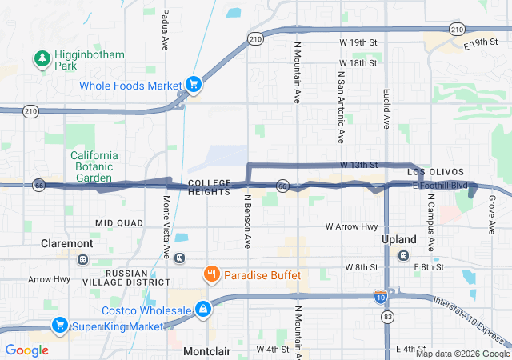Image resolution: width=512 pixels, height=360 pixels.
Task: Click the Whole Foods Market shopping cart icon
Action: [193, 83]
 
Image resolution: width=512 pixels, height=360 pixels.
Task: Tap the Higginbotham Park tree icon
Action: [42, 58]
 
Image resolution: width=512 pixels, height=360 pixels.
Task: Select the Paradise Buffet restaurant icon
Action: [212, 274]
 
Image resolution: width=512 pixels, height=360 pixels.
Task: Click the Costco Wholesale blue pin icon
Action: [204, 308]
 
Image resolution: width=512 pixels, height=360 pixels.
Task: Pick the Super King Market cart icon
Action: [59, 325]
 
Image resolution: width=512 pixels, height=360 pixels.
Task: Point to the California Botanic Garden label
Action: [94, 166]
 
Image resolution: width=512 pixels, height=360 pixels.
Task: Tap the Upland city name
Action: [398, 239]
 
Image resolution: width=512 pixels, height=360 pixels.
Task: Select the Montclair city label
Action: [207, 351]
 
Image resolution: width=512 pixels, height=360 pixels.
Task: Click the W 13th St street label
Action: [358, 165]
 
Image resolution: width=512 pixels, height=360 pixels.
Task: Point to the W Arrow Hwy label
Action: [351, 226]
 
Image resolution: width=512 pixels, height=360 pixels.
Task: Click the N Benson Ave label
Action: [248, 218]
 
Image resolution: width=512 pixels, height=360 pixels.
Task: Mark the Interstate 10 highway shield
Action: [380, 297]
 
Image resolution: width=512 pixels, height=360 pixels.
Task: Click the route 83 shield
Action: [387, 317]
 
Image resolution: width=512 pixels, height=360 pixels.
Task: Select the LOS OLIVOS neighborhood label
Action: [435, 172]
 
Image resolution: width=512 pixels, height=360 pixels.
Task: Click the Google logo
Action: [27, 350]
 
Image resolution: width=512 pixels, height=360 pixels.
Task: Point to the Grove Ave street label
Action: [491, 215]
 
